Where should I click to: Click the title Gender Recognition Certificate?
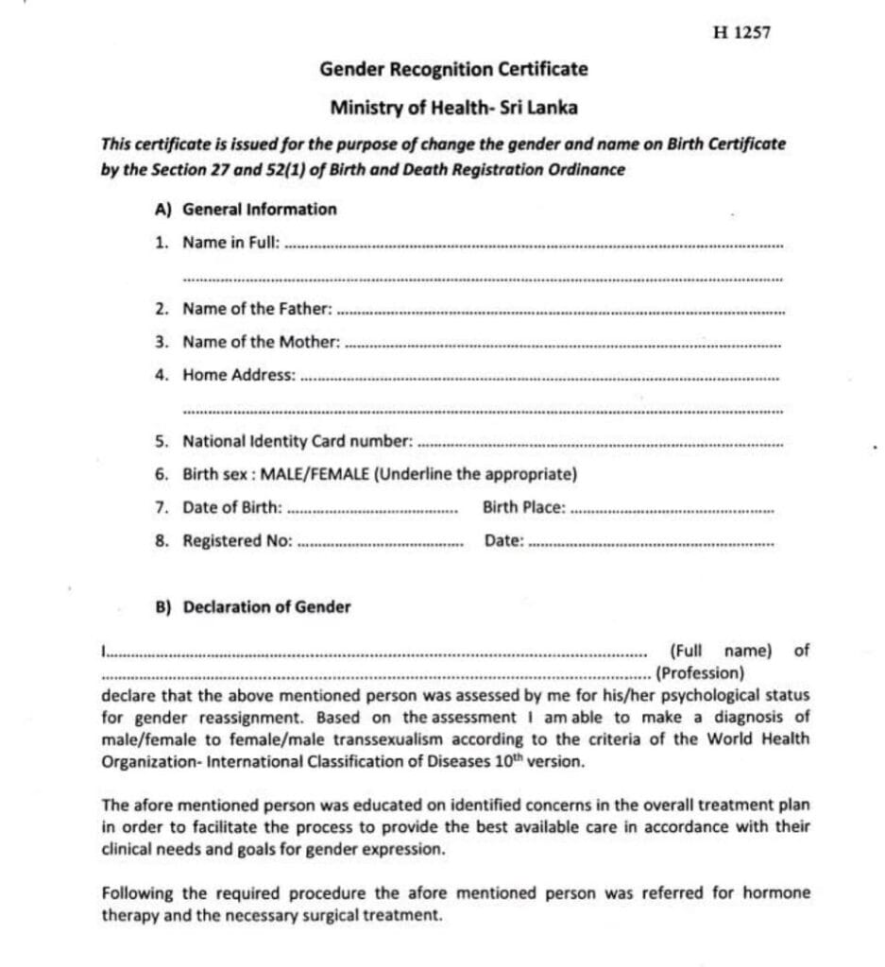coord(453,69)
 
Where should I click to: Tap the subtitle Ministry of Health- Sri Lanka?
coord(453,108)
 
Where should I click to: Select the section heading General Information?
coord(259,209)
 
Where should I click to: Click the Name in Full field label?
coord(230,243)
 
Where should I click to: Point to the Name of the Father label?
coord(257,309)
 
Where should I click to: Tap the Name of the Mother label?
coord(261,342)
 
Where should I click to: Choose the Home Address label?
coord(239,375)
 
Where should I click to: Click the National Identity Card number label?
coord(298,441)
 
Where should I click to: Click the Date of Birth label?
coord(232,507)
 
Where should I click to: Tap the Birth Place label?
coord(523,507)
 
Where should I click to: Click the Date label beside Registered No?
coord(503,541)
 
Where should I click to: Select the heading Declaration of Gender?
coord(265,607)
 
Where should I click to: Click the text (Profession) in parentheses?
coord(700,673)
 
